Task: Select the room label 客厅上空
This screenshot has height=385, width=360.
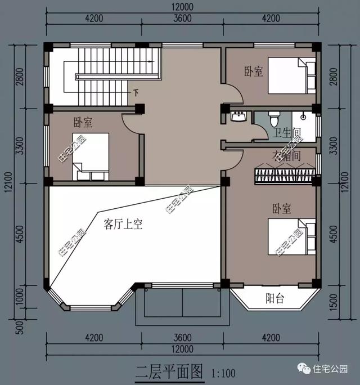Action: pyautogui.click(x=123, y=225)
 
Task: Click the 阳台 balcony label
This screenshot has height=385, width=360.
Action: pyautogui.click(x=274, y=299)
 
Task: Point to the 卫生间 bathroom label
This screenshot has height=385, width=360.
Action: pyautogui.click(x=286, y=133)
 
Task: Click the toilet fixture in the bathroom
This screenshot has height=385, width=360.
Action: pyautogui.click(x=274, y=119)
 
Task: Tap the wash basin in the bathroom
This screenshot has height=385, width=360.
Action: pyautogui.click(x=238, y=117)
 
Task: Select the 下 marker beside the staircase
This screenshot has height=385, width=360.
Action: pyautogui.click(x=136, y=92)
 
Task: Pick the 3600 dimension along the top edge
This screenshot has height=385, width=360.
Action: pyautogui.click(x=182, y=18)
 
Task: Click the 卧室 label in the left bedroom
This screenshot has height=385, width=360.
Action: pyautogui.click(x=83, y=122)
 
